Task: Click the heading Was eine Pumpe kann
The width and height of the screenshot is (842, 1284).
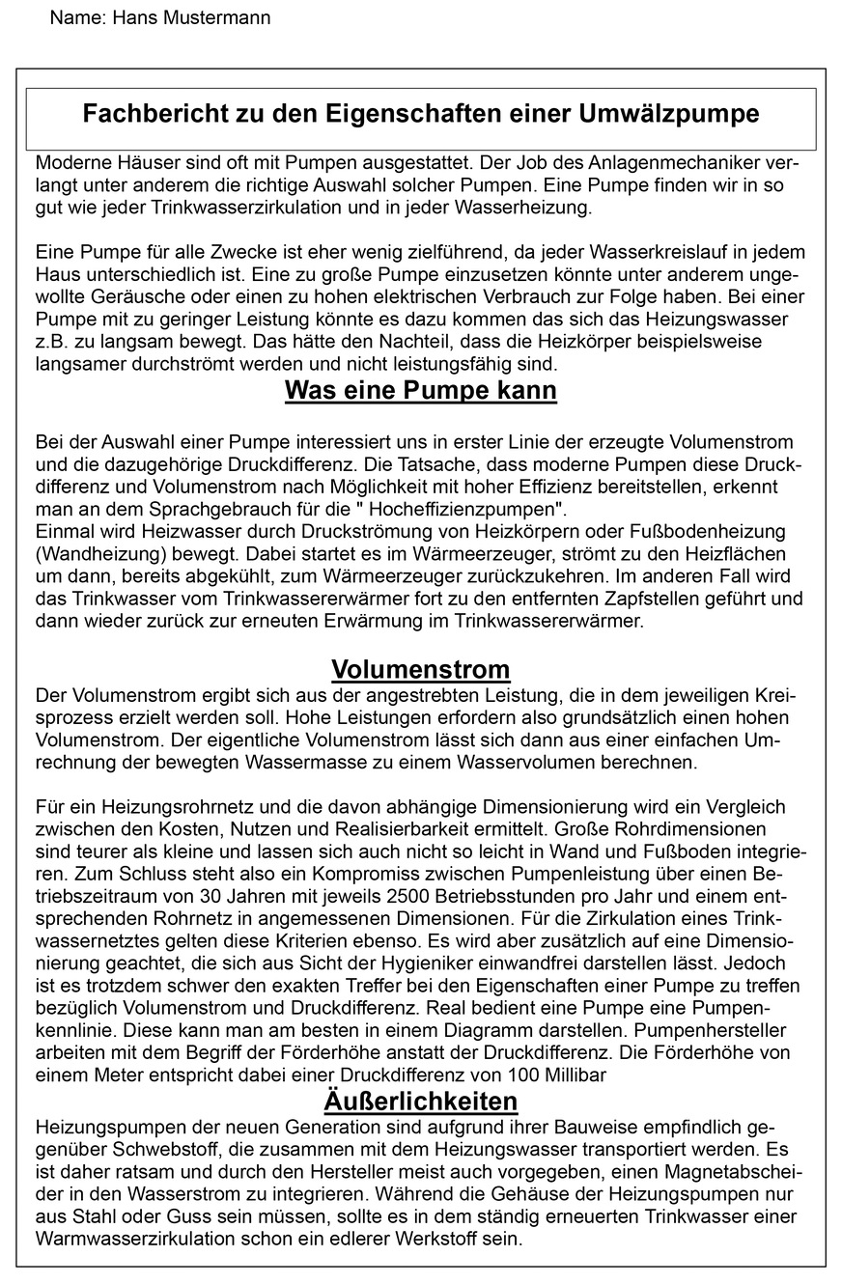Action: [x=420, y=391]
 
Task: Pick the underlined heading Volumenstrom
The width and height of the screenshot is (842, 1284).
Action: [x=420, y=669]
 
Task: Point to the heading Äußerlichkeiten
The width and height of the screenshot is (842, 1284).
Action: [x=420, y=1101]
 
